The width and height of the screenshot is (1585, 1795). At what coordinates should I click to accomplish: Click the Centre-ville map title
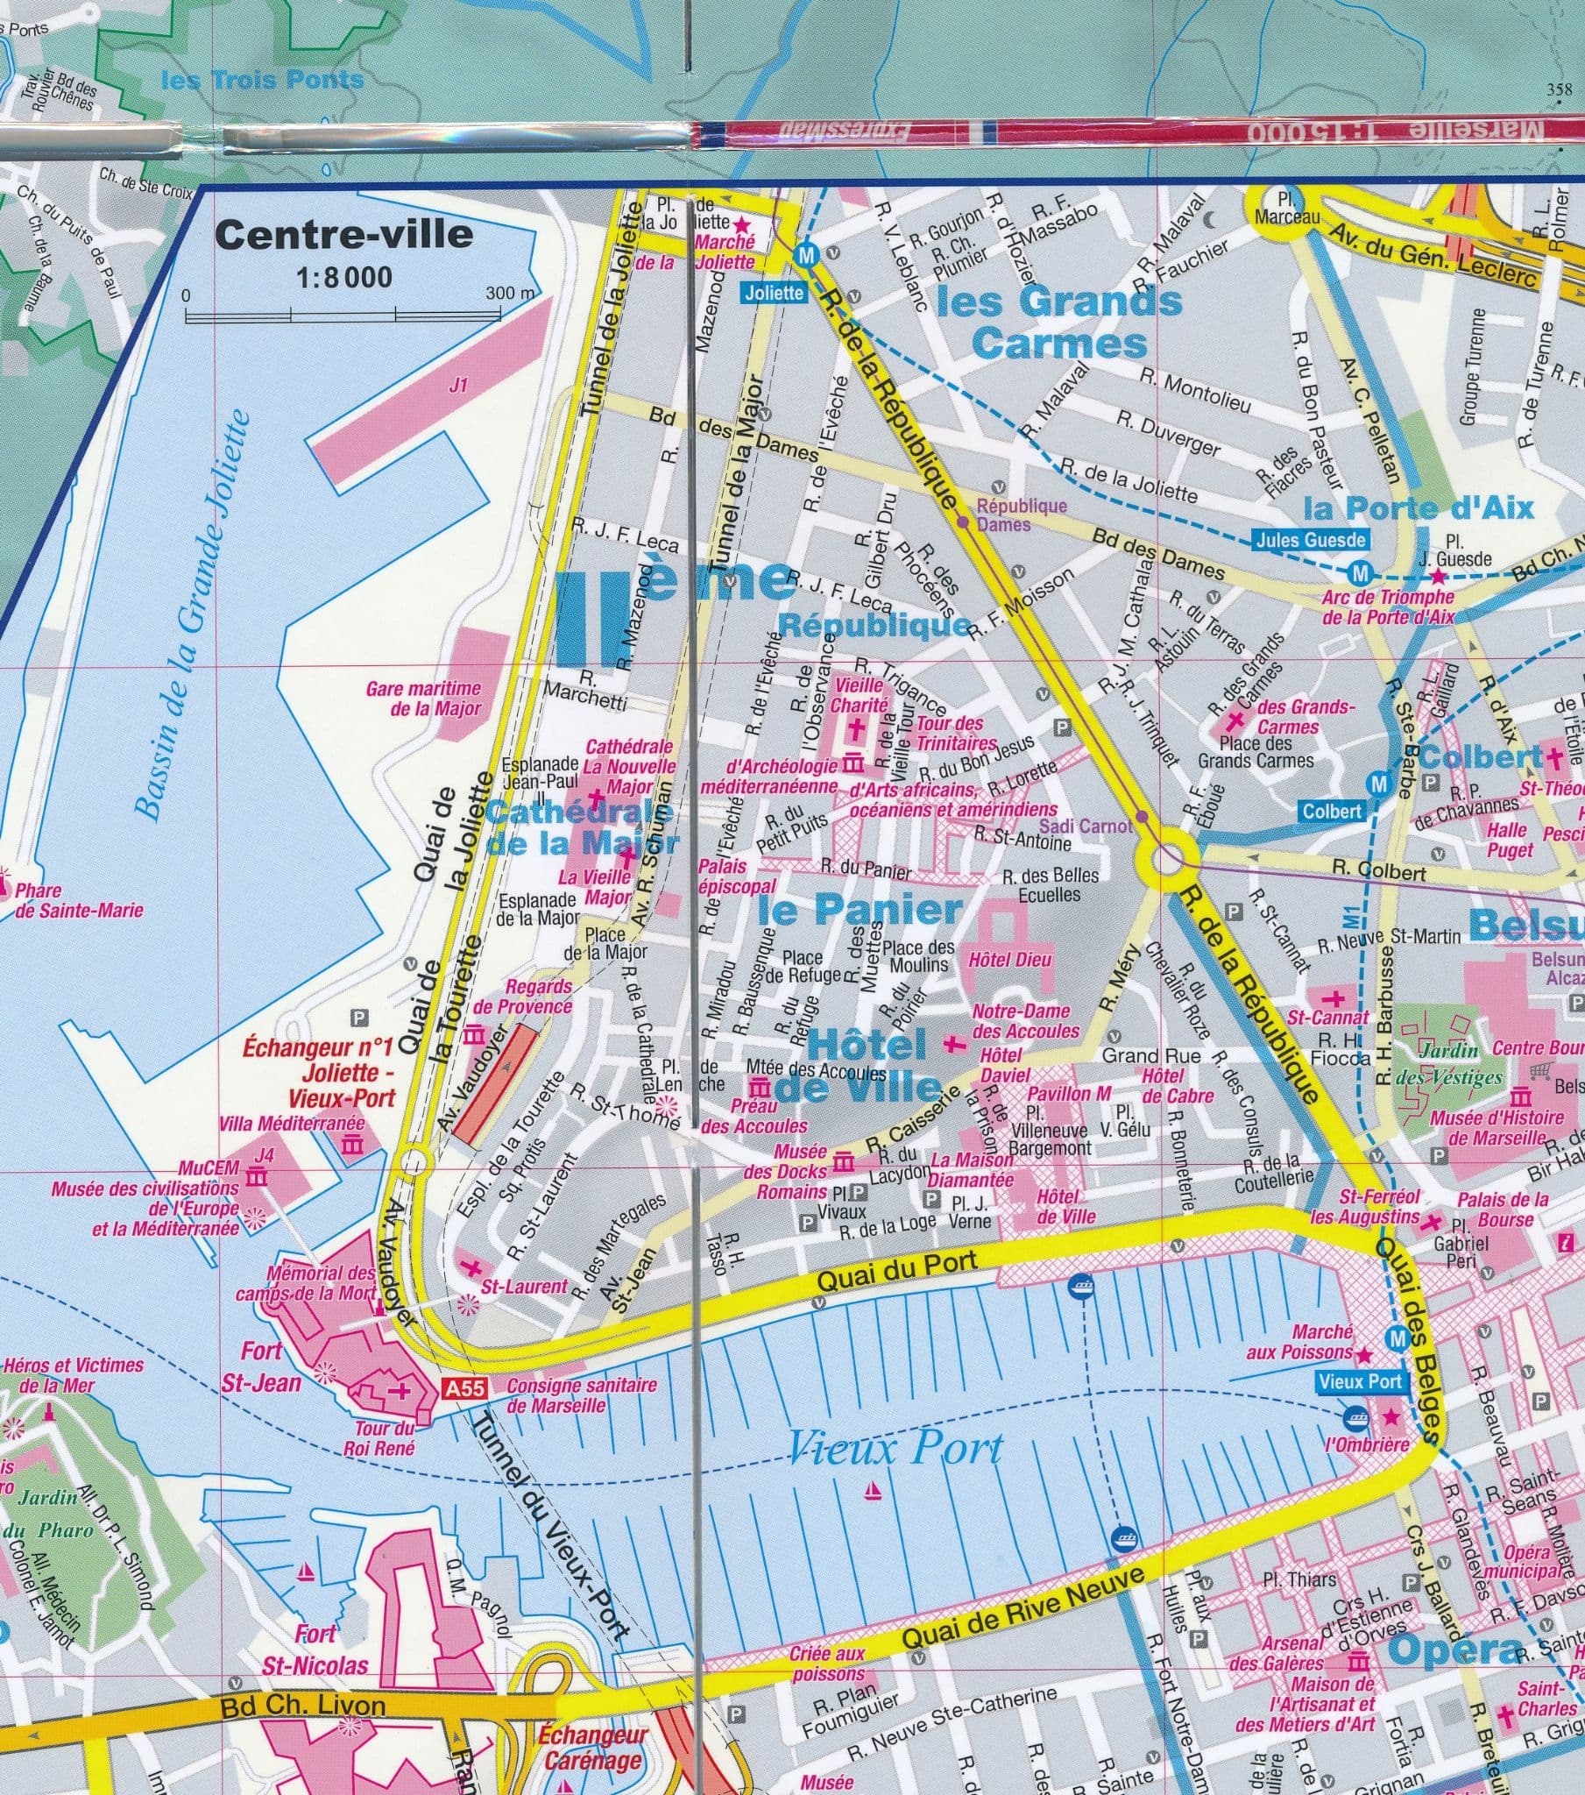(344, 236)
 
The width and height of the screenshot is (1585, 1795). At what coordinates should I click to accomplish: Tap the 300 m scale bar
(360, 315)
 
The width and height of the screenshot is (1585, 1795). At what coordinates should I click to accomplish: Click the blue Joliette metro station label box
(774, 293)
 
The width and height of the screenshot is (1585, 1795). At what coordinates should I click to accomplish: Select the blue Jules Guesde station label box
(1310, 541)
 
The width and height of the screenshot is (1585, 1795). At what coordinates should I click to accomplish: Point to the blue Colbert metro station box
(1331, 812)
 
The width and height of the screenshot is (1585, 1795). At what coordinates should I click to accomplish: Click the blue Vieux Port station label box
(1360, 1381)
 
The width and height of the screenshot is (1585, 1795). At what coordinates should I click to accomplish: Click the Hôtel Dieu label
(1010, 960)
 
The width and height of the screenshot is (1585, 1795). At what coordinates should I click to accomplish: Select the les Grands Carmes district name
(1060, 322)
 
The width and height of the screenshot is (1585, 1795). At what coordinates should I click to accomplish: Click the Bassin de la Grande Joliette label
(194, 614)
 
